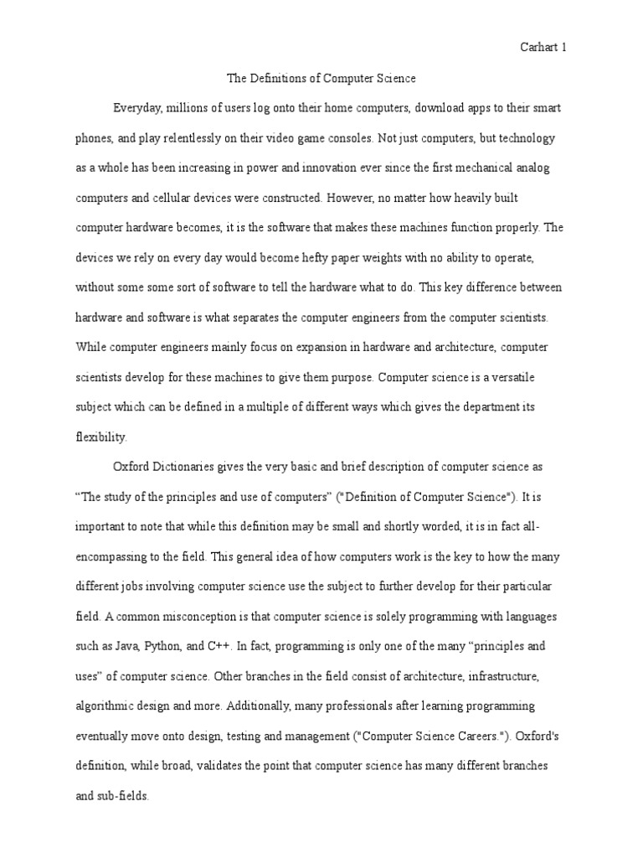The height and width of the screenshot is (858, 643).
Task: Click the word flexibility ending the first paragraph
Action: click(100, 437)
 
